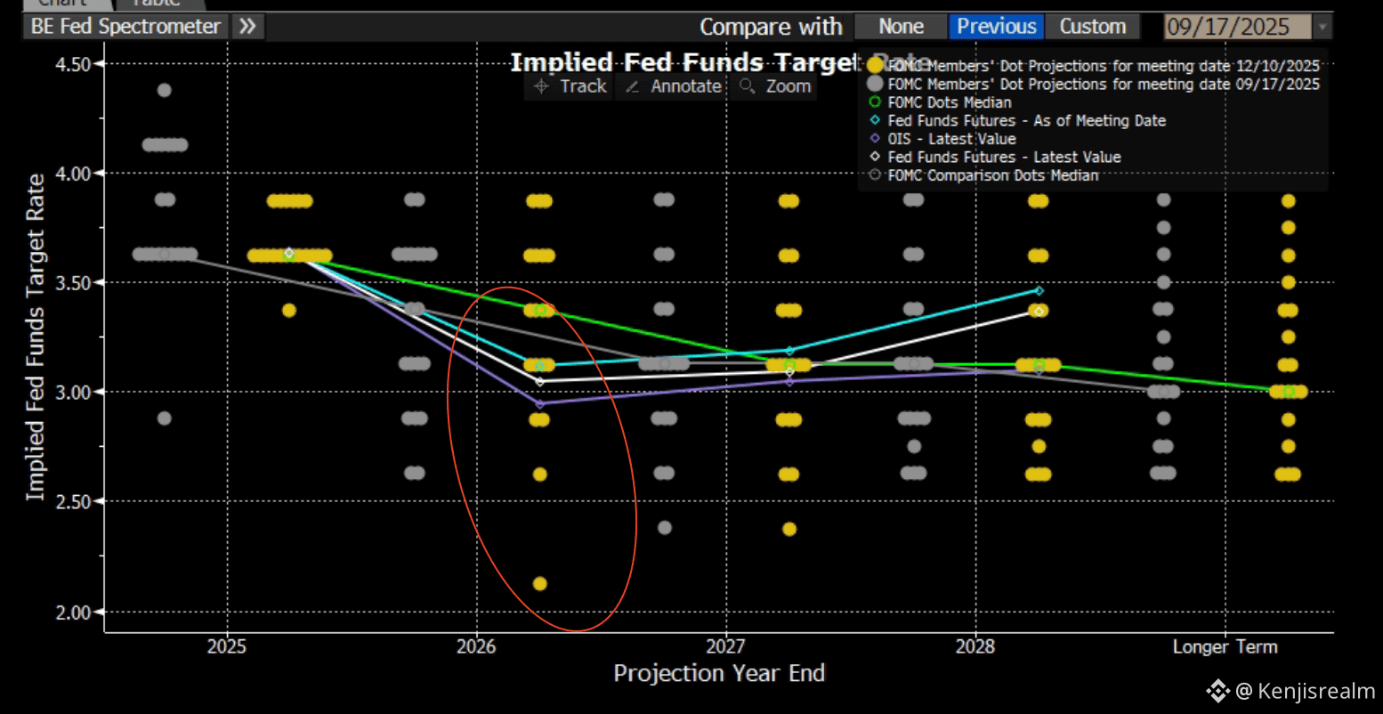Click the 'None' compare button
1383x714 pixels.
901,27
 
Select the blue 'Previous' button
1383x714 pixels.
996,27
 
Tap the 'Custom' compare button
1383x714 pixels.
1092,27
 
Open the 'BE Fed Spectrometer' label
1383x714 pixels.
125,27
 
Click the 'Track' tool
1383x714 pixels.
570,86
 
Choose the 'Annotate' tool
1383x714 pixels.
674,86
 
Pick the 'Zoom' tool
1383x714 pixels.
776,86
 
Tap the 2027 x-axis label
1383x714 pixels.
726,646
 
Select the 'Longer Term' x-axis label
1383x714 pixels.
1225,646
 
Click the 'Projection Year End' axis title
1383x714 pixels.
719,674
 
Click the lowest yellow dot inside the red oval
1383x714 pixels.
539,584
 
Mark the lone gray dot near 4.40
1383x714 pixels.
164,90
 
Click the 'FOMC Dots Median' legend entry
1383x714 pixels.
949,102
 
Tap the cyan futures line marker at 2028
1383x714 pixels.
1039,290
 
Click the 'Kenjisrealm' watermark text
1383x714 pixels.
1303,691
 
